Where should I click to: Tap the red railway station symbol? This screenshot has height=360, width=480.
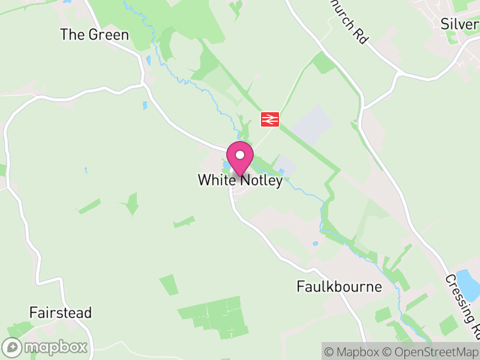pyautogui.click(x=269, y=119)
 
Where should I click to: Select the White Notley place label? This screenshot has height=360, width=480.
pyautogui.click(x=240, y=181)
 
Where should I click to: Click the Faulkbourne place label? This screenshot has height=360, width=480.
pyautogui.click(x=339, y=287)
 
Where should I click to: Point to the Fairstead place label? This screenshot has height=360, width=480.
pyautogui.click(x=61, y=313)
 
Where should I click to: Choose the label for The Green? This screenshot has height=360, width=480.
pyautogui.click(x=94, y=35)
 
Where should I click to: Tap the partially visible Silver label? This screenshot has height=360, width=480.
pyautogui.click(x=459, y=24)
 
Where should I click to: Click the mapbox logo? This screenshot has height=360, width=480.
pyautogui.click(x=45, y=347)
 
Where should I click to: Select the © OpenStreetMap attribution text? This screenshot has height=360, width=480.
pyautogui.click(x=431, y=352)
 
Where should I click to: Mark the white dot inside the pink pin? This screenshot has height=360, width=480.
pyautogui.click(x=240, y=155)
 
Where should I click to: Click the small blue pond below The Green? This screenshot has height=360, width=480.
pyautogui.click(x=148, y=61)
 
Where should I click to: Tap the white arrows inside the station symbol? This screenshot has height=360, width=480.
pyautogui.click(x=269, y=119)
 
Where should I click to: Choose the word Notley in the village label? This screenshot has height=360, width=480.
pyautogui.click(x=260, y=181)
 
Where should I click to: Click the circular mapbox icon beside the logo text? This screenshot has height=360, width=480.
pyautogui.click(x=12, y=347)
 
